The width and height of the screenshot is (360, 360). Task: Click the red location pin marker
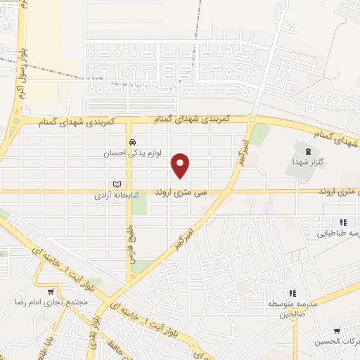(181, 165)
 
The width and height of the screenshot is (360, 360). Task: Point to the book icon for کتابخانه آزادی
(117, 184)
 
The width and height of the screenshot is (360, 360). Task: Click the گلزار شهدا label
(306, 161)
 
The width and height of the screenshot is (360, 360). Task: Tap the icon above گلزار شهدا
(306, 150)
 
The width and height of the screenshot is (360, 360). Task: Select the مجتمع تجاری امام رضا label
(50, 302)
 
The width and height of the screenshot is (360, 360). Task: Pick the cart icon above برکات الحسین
(338, 330)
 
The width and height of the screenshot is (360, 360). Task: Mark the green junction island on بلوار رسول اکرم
(15, 122)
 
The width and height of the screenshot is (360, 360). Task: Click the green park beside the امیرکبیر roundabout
(261, 134)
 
